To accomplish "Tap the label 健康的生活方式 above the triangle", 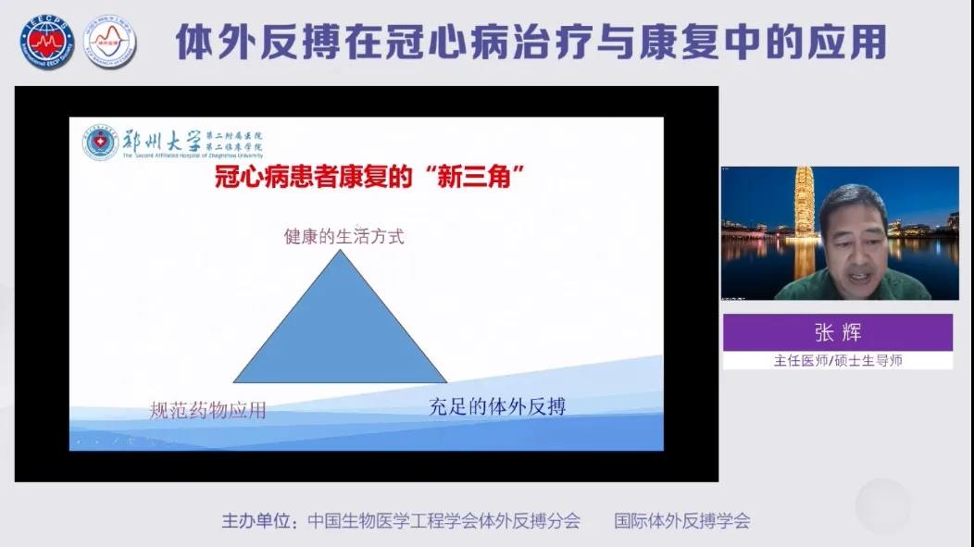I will [343, 236].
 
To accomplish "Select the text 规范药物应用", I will [207, 410].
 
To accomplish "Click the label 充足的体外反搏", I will [497, 405].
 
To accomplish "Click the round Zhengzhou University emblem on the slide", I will [101, 143].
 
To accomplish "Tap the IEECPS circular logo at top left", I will [47, 42].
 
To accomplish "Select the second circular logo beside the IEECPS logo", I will [109, 42].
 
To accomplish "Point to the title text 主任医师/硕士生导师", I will [837, 360].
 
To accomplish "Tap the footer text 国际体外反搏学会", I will [682, 521].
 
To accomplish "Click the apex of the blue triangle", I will [341, 251].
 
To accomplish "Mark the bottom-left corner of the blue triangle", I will [234, 381].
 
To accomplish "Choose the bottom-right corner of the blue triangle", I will [446, 381].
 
